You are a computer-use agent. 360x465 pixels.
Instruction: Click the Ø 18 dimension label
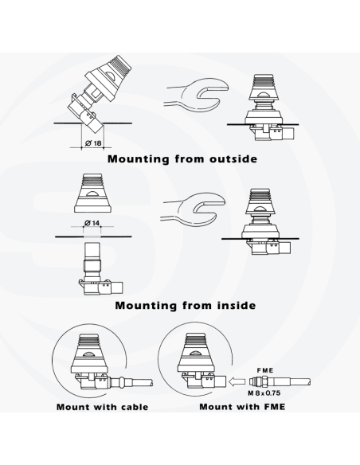[93, 143]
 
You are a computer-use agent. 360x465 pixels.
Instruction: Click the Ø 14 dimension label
[92, 223]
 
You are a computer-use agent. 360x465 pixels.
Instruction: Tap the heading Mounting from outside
[182, 158]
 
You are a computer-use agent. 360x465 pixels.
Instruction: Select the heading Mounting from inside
[186, 305]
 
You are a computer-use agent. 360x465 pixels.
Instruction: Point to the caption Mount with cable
[102, 407]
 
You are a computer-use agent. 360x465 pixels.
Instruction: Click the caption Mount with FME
[242, 406]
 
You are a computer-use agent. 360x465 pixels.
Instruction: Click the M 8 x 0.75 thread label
[264, 393]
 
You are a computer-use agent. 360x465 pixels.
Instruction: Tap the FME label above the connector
[264, 370]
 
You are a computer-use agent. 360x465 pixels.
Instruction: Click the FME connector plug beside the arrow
[280, 381]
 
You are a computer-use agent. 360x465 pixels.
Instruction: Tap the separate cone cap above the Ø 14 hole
[93, 193]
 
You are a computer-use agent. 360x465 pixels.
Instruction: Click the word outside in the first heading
[233, 158]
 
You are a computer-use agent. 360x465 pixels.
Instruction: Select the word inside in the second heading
[236, 305]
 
